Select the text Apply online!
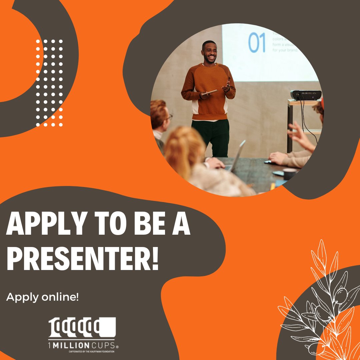coord(43,297)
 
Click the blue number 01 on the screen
coord(257,42)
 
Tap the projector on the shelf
coord(306,95)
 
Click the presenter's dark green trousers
coord(210,137)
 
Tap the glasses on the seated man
coord(169,117)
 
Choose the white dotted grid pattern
coord(49,83)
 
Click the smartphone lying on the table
coord(278,173)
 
